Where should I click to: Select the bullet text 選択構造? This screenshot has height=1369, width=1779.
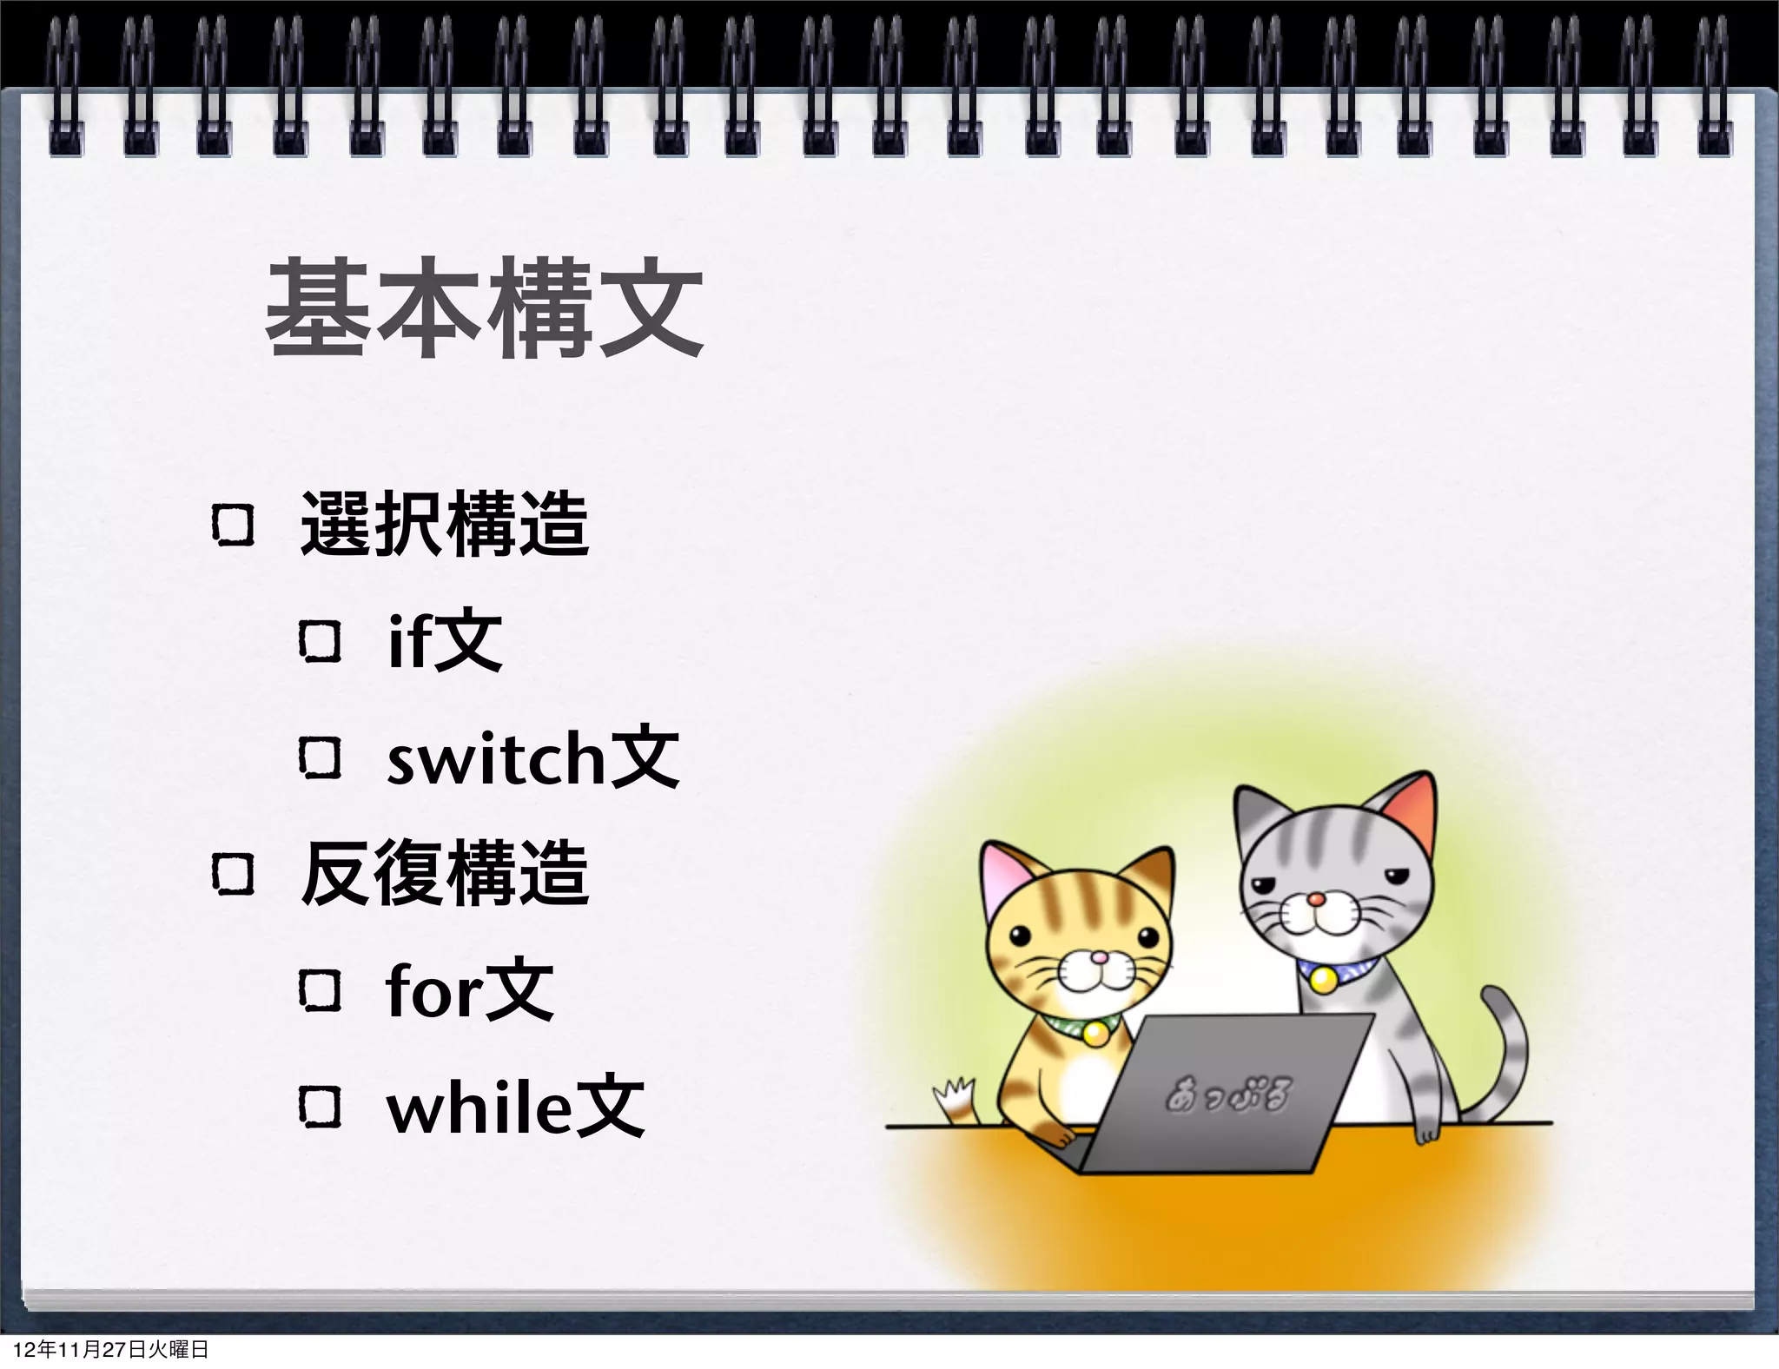pyautogui.click(x=444, y=524)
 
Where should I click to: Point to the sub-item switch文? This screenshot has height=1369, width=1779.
pyautogui.click(x=532, y=758)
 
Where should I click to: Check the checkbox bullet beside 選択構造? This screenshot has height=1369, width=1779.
pyautogui.click(x=233, y=526)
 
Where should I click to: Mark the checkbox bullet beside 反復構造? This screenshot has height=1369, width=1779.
pyautogui.click(x=233, y=874)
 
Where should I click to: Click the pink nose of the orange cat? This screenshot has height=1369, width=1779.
pyautogui.click(x=1099, y=957)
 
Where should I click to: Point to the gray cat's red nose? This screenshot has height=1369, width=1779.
pyautogui.click(x=1317, y=899)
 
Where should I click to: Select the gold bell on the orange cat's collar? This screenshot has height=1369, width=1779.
pyautogui.click(x=1095, y=1033)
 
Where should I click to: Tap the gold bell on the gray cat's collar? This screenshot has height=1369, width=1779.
pyautogui.click(x=1323, y=981)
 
